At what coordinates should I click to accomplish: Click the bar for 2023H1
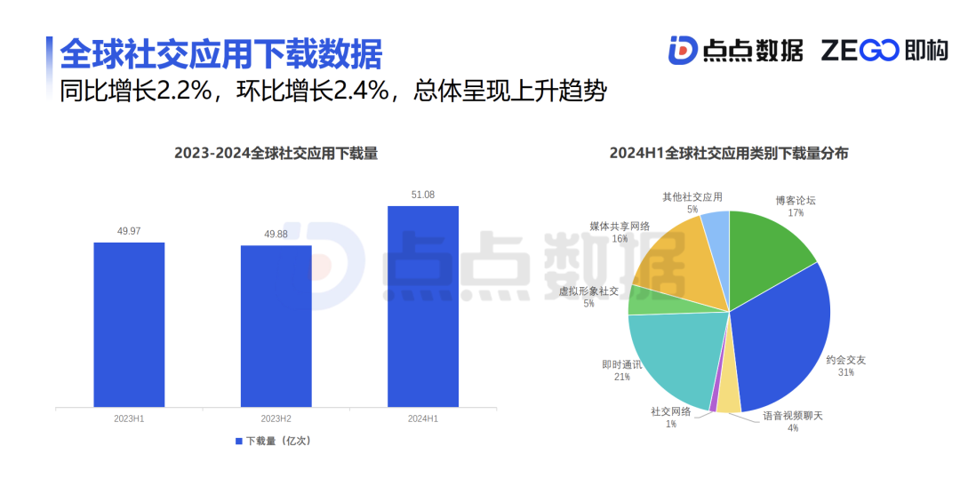(129, 324)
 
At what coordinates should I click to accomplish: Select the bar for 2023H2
(276, 326)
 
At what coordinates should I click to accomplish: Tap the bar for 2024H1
(423, 307)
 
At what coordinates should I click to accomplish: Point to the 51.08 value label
(423, 195)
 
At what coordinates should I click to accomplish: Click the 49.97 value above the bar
(129, 231)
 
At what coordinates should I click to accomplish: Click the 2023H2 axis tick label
(276, 418)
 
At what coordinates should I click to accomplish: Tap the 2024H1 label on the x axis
(423, 418)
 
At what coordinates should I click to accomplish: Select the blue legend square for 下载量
(238, 441)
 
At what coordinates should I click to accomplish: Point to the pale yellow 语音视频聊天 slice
(728, 401)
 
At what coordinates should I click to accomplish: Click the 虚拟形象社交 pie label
(588, 291)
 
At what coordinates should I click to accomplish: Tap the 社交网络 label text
(670, 411)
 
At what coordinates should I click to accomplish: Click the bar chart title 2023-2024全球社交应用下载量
(276, 154)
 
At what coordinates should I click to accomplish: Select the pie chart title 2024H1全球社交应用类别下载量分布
(728, 154)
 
